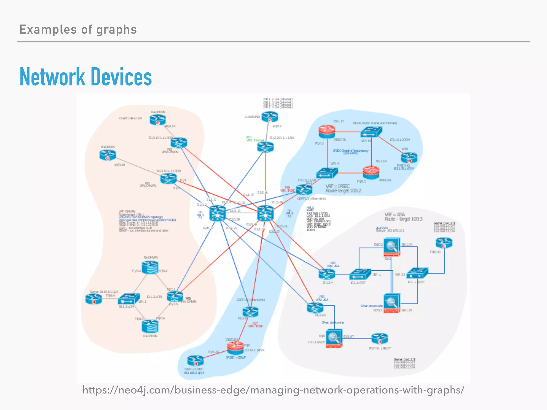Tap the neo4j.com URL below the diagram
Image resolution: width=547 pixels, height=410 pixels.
273,390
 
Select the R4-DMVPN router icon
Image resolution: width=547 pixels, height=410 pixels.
158,120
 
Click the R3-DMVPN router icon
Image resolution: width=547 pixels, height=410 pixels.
108,155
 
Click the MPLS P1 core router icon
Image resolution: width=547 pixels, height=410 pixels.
217,213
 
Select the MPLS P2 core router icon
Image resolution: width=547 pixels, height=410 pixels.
265,213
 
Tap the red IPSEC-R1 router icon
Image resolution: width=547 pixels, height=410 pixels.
327,132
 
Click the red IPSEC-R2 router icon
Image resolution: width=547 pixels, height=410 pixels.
371,172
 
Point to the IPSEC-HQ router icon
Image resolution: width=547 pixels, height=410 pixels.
409,158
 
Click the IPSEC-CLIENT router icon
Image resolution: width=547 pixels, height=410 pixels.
195,361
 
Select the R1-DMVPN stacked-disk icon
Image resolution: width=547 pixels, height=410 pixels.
150,267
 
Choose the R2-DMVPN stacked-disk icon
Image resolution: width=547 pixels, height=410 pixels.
150,326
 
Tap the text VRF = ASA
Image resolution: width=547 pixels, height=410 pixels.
394,214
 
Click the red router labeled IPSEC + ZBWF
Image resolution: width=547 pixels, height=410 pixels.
235,348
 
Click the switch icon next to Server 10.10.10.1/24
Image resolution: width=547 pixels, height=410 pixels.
129,299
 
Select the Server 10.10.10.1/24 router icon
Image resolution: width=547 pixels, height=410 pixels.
93,299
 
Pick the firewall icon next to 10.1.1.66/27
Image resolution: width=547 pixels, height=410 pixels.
334,338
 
